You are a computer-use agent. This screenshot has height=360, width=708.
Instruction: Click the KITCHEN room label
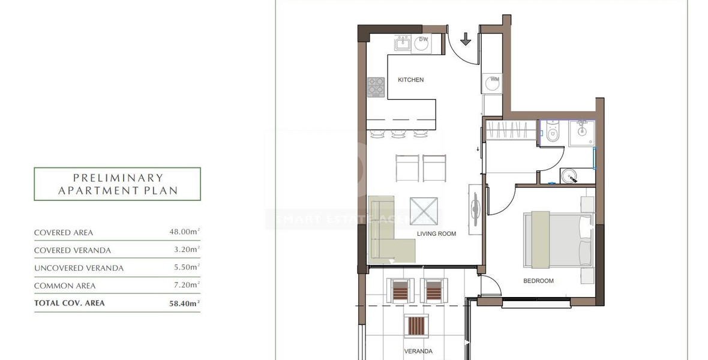(x=410, y=80)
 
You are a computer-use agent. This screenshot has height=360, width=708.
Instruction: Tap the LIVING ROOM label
(x=436, y=234)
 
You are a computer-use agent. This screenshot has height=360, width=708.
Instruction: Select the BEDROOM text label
(x=538, y=281)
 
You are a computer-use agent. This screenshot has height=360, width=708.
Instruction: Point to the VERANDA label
(x=418, y=352)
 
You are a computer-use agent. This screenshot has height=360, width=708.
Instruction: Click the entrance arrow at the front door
(x=466, y=39)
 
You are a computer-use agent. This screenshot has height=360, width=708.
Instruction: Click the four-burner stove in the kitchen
(x=376, y=87)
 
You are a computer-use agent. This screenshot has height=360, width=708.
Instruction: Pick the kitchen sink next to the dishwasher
(x=401, y=44)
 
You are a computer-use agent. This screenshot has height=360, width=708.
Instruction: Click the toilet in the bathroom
(x=553, y=132)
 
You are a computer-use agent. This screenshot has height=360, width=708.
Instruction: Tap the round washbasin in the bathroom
(x=570, y=176)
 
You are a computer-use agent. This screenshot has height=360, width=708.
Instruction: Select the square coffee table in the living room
(x=424, y=211)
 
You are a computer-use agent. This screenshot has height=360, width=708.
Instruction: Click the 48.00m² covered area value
(x=185, y=232)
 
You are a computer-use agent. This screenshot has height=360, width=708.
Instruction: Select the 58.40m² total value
(x=184, y=304)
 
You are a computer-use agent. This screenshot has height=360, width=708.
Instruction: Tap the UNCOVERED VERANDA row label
(x=79, y=268)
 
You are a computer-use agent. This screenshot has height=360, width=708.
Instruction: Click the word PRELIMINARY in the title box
(x=118, y=178)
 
